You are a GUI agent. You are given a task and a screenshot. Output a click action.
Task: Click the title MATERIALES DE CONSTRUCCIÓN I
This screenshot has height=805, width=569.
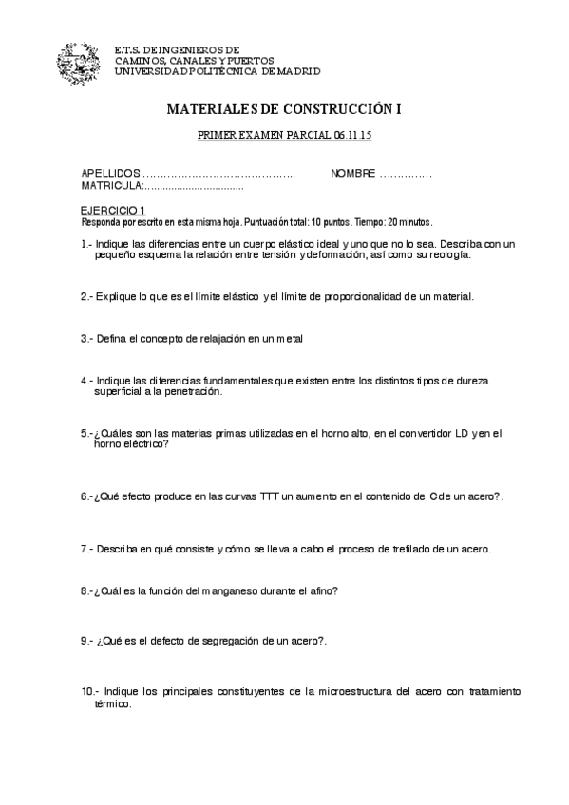coord(284,110)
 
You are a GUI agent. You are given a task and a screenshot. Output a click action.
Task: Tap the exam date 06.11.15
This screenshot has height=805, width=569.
coord(352,137)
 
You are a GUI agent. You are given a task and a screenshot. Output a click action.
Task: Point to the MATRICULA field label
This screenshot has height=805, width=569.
coord(110,186)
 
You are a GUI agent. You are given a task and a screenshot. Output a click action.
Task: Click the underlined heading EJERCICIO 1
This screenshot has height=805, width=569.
coord(112,211)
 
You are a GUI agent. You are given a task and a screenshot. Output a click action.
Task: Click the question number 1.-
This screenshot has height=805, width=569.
coord(86,244)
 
